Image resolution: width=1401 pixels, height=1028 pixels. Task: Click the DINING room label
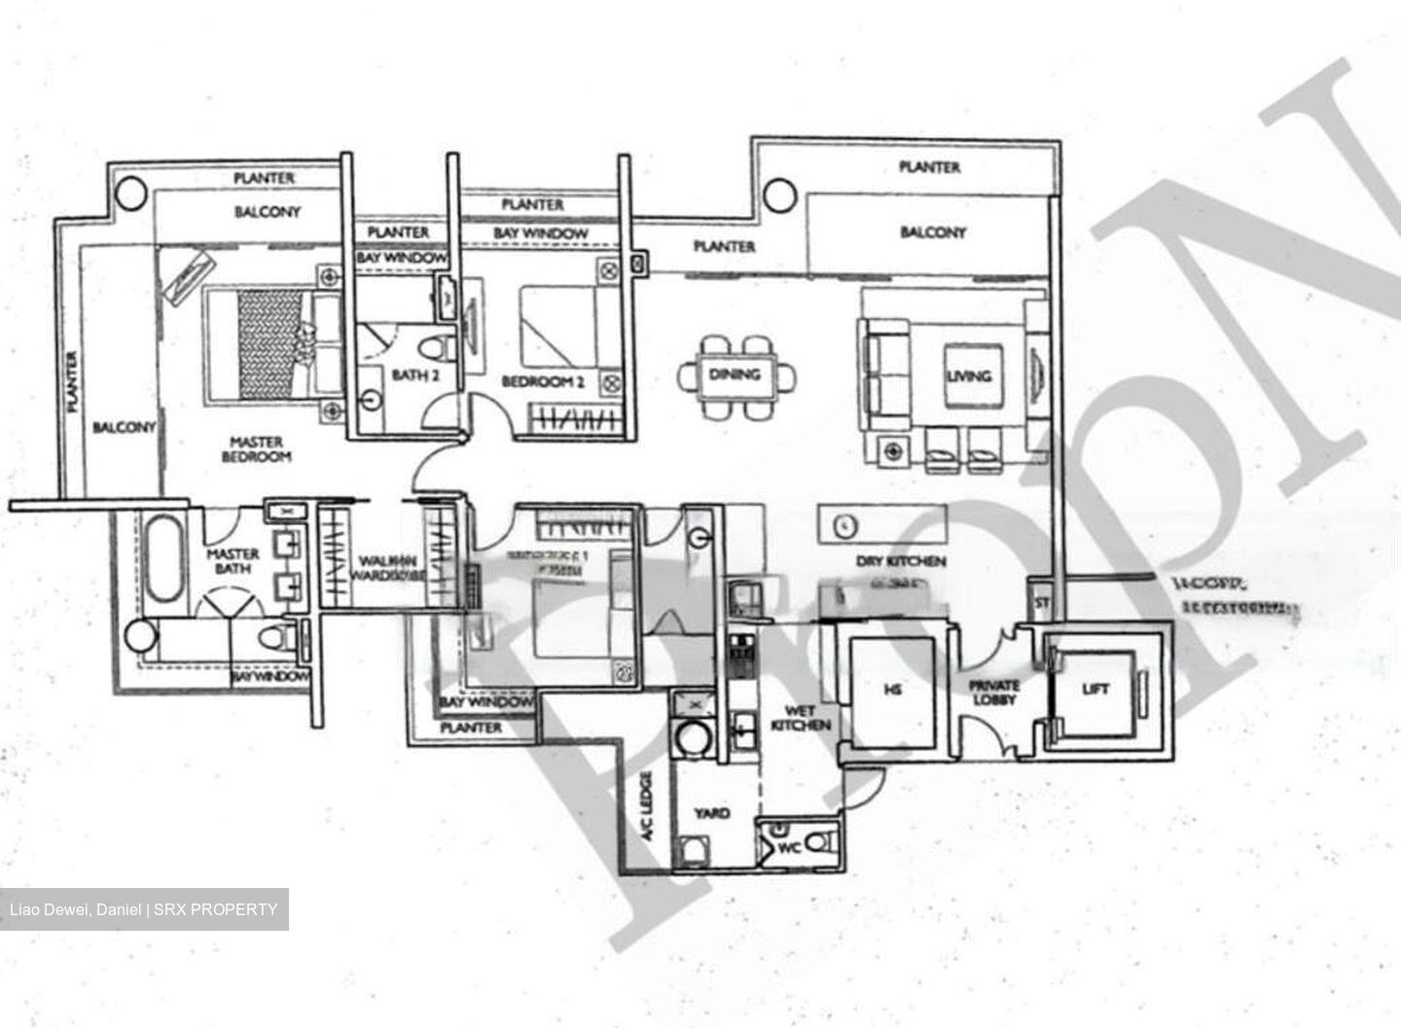click(735, 374)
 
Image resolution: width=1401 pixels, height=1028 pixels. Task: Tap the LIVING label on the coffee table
click(968, 375)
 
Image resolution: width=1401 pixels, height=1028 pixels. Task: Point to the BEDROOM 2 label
click(542, 382)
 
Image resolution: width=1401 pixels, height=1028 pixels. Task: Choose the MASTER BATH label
click(233, 561)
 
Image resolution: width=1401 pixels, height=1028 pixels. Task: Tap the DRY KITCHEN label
click(901, 561)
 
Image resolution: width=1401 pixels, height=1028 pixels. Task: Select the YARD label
click(711, 813)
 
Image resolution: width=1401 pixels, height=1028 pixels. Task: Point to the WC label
click(791, 848)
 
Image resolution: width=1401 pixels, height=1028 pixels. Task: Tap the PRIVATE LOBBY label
click(993, 692)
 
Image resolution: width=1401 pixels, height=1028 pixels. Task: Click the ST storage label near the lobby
click(1042, 603)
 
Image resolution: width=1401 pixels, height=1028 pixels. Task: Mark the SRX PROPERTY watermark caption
click(144, 910)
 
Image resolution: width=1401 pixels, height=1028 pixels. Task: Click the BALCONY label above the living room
click(932, 232)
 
